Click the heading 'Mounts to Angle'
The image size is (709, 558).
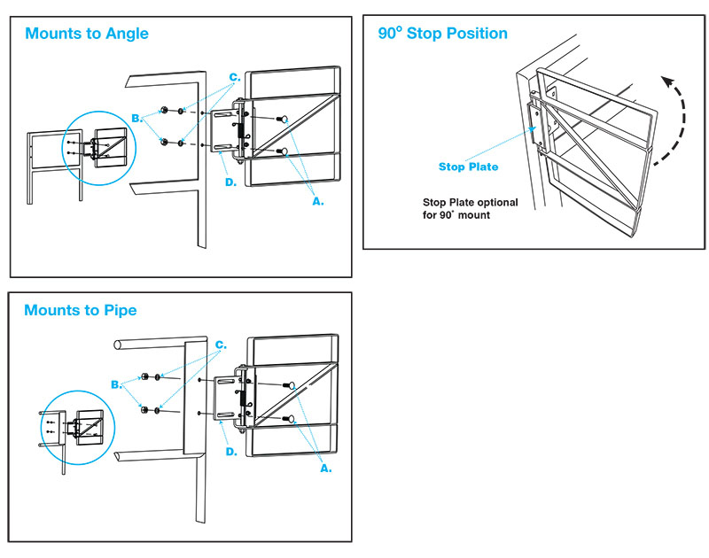(87, 35)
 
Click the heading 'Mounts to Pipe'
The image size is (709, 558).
(81, 311)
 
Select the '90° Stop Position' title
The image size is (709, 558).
(443, 34)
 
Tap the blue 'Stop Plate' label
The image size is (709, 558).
(469, 167)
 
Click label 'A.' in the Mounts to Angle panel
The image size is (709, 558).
(317, 202)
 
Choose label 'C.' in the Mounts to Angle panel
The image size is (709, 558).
(235, 78)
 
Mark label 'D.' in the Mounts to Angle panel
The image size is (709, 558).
(230, 182)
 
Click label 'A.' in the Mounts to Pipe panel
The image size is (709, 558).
(325, 468)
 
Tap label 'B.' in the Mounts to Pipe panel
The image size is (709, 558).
(116, 384)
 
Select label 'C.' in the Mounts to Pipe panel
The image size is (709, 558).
(221, 345)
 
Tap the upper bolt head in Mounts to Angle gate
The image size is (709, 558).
(281, 119)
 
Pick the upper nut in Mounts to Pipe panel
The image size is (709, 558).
(144, 376)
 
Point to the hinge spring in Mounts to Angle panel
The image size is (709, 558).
(239, 131)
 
